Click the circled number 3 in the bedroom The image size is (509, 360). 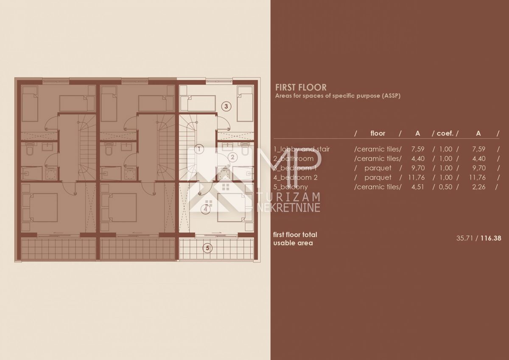point(226,106)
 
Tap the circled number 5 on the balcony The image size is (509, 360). point(207,248)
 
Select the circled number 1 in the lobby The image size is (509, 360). point(199,149)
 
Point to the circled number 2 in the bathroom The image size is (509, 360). point(232,157)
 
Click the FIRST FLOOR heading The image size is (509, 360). point(301,87)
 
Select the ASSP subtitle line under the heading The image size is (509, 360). point(338,96)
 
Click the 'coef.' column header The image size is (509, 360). point(445,133)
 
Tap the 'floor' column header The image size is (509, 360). point(378,133)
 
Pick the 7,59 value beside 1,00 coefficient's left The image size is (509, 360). point(418,149)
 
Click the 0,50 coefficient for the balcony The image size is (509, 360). point(445,187)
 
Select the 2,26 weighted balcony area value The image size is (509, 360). point(479,187)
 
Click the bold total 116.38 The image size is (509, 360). point(491,238)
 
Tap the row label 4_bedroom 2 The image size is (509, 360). point(295,177)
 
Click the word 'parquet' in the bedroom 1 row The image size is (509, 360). point(378,168)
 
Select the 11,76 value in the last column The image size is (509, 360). point(477,177)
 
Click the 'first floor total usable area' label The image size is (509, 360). point(295,239)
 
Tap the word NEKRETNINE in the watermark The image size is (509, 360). point(288,208)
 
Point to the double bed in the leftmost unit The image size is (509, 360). point(40,207)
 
